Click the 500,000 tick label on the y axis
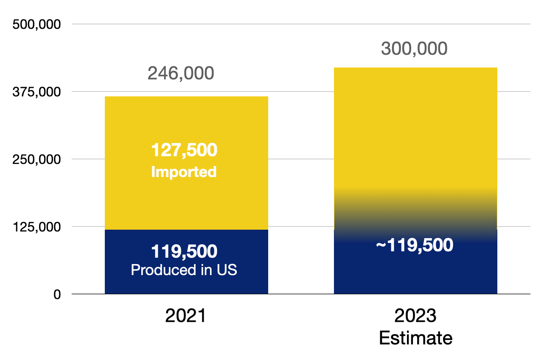tap(37, 24)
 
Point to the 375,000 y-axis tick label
tap(37, 92)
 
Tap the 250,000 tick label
tap(37, 159)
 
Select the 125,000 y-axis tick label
tap(37, 227)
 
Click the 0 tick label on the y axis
tap(57, 294)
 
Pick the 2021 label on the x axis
tap(185, 316)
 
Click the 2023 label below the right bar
tap(415, 316)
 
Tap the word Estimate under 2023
tap(415, 338)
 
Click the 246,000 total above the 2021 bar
tap(181, 73)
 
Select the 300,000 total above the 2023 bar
tap(414, 49)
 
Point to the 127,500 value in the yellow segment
tap(184, 150)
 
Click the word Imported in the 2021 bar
tap(184, 172)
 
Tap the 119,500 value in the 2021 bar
tap(184, 252)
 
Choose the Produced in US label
tap(184, 270)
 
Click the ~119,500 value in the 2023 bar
tap(415, 245)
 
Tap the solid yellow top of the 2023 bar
tap(415, 127)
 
